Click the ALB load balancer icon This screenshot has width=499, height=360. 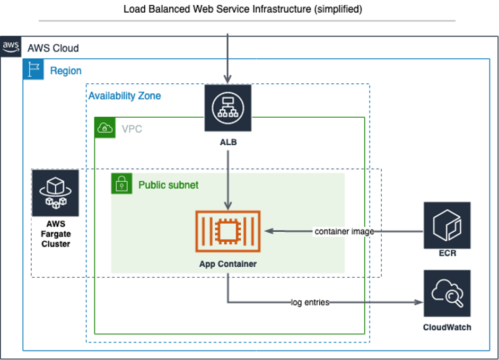pyautogui.click(x=228, y=108)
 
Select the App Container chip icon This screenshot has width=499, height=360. pyautogui.click(x=228, y=231)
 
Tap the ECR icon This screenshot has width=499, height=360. pyautogui.click(x=447, y=225)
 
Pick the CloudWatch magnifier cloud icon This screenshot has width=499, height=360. pyautogui.click(x=447, y=293)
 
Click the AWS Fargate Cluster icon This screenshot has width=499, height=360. pyautogui.click(x=55, y=193)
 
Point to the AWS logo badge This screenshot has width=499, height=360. pyautogui.click(x=11, y=48)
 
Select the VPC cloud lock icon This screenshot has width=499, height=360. pyautogui.click(x=105, y=128)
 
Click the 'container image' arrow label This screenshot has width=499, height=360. pyautogui.click(x=344, y=231)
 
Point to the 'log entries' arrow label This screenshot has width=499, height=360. pyautogui.click(x=310, y=302)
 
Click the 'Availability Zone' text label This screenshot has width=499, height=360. pyautogui.click(x=125, y=96)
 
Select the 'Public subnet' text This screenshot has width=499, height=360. pyautogui.click(x=169, y=185)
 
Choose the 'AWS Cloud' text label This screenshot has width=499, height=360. pyautogui.click(x=53, y=48)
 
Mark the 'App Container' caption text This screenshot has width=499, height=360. pyautogui.click(x=228, y=264)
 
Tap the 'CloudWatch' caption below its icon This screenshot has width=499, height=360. pyautogui.click(x=447, y=327)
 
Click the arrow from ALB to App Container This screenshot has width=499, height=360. pyautogui.click(x=228, y=180)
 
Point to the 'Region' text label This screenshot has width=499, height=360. pyautogui.click(x=66, y=71)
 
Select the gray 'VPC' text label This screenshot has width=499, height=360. pyautogui.click(x=132, y=128)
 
